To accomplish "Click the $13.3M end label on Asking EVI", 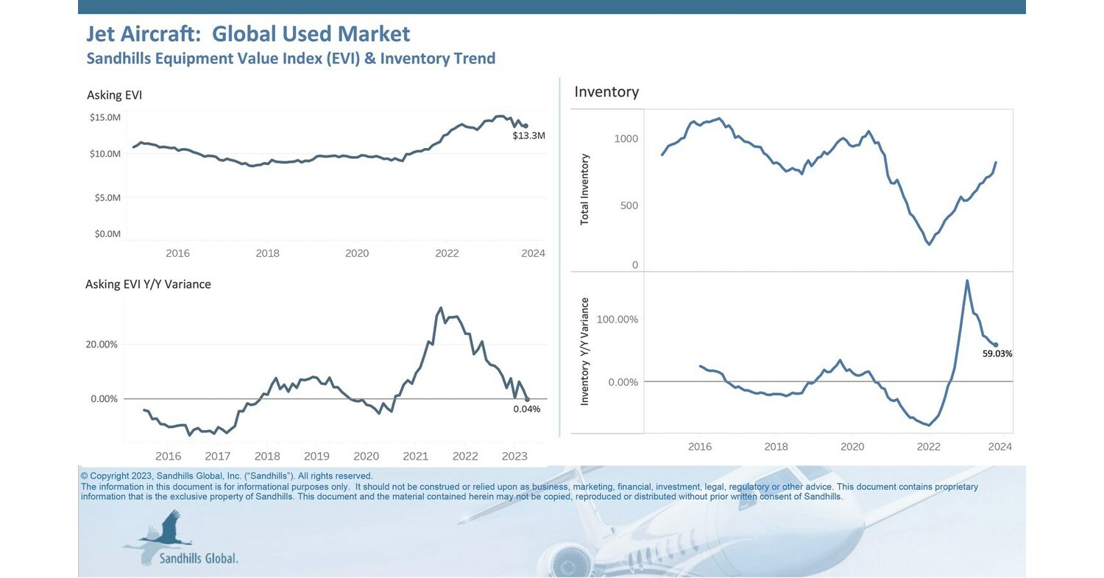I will [528, 136].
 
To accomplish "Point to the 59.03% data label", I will [997, 354].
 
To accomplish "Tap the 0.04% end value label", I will [526, 409].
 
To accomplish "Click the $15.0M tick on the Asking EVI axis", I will [105, 118].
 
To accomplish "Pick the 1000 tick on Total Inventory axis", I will [626, 139].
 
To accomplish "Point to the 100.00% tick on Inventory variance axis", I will [618, 320].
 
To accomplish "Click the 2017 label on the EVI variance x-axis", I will [218, 457].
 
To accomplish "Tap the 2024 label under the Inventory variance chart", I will [999, 447].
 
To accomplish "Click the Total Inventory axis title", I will [585, 189].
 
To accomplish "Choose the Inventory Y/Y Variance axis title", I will [585, 351].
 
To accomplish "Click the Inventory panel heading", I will [606, 92].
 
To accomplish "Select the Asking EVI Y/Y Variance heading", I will [148, 284].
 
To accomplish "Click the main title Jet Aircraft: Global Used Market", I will [248, 34].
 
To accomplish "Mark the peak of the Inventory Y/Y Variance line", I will [966, 281].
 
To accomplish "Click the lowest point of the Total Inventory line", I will [930, 244].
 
